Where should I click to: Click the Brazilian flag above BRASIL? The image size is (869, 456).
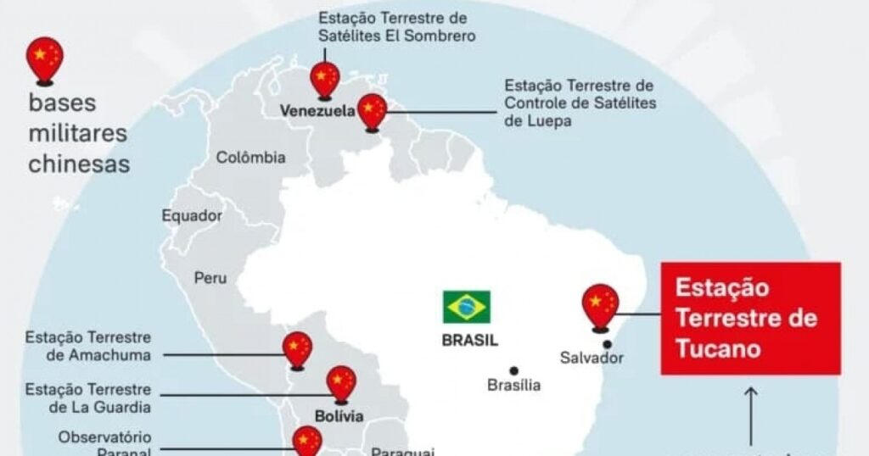tap(466, 307)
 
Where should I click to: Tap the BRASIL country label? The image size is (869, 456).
tap(469, 341)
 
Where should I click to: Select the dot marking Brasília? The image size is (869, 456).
tap(513, 370)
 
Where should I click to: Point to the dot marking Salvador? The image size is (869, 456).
tap(608, 343)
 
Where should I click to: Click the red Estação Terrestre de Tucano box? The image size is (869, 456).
tap(751, 318)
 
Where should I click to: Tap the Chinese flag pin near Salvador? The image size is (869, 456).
tap(600, 305)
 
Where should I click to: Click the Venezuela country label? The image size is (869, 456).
tap(317, 111)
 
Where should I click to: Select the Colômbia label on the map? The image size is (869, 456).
tap(250, 158)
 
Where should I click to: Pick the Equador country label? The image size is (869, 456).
tap(192, 216)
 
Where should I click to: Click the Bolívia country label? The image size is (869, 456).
tap(339, 416)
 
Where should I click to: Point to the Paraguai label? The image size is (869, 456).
tap(403, 452)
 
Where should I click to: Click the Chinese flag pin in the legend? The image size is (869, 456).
tap(45, 58)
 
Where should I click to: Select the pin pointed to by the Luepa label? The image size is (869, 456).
tap(372, 111)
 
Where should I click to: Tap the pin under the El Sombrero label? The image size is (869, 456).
tap(324, 79)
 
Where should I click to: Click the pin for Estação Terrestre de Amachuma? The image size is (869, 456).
tap(297, 349)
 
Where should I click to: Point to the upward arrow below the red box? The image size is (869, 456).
tap(751, 415)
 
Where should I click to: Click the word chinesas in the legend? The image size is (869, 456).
tap(79, 164)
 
